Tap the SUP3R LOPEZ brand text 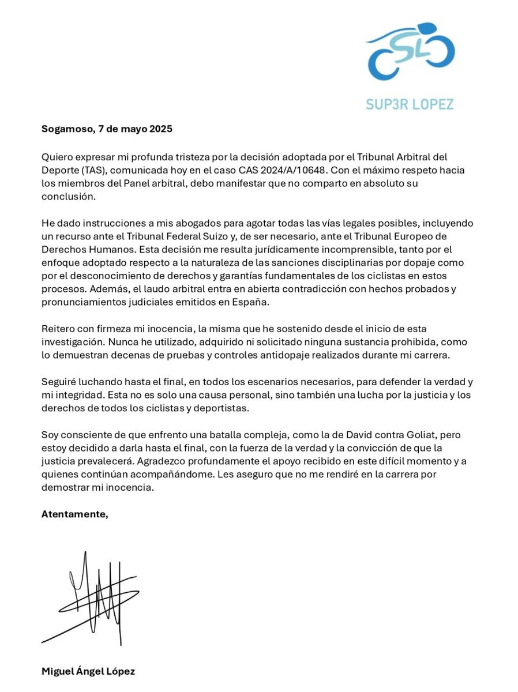pos(410,104)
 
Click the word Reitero pos(58,329)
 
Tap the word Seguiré pos(59,382)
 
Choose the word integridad pos(80,395)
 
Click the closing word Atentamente pos(74,514)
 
